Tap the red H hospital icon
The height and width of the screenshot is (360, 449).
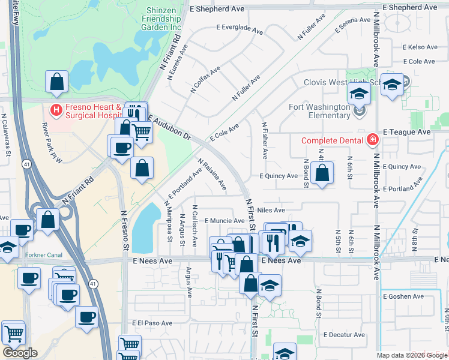tap(56, 110)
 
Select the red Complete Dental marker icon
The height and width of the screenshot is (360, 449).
tap(372, 140)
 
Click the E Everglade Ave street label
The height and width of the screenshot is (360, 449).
tap(240, 29)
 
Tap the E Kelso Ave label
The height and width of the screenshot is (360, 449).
tap(420, 47)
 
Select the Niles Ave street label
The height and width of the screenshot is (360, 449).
tap(271, 211)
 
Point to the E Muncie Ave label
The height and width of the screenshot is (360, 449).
tap(224, 221)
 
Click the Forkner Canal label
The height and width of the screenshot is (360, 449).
tap(44, 254)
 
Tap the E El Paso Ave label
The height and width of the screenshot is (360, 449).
tap(153, 323)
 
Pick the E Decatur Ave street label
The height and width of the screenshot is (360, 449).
tap(344, 335)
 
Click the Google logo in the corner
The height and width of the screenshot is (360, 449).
tap(20, 353)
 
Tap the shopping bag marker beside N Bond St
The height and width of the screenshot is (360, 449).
tap(322, 173)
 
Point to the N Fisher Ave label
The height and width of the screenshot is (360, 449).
tap(264, 140)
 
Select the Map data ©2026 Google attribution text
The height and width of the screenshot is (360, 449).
tap(412, 355)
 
